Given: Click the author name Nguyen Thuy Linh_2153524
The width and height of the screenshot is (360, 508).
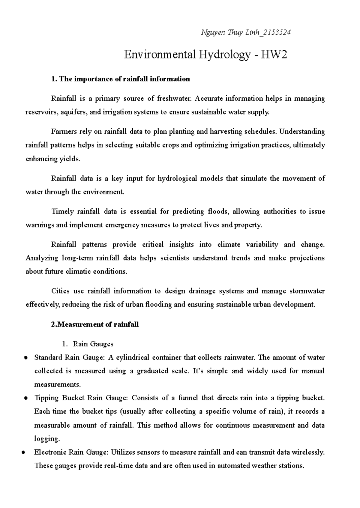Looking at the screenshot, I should point(245,32).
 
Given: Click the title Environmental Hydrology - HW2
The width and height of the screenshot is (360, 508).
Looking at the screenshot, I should point(205,55).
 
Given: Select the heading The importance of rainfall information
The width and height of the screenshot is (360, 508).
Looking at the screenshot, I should point(121,79).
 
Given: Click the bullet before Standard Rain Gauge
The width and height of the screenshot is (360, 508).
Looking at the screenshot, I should point(26,358).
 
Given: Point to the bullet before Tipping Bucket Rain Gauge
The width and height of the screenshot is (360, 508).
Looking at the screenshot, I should point(26,398).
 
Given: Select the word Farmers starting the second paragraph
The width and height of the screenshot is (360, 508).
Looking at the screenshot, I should point(64,132).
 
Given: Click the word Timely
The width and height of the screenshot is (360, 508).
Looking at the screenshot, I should point(62,211).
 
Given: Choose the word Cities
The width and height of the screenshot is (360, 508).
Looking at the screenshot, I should point(61,291).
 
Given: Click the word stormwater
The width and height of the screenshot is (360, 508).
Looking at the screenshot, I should point(307,291).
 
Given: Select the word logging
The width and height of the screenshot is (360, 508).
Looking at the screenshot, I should point(47,439).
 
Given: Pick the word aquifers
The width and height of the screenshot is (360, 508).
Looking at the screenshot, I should point(74,112).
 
